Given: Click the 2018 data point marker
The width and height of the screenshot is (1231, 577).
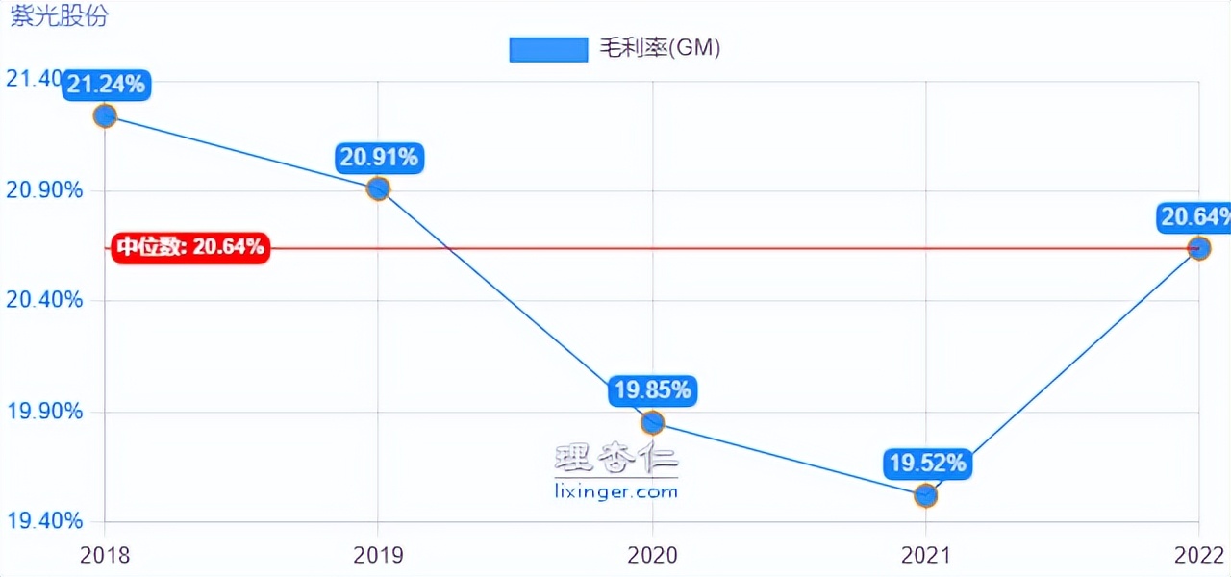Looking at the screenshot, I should coord(105,116).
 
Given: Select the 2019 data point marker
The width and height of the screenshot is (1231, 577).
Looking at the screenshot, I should coord(378,188).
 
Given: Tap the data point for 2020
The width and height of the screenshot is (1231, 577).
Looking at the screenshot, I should coord(652,422).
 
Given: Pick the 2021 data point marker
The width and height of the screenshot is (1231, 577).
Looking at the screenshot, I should coord(925,495).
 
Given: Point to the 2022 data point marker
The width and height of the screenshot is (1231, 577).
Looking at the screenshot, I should coord(1198,248).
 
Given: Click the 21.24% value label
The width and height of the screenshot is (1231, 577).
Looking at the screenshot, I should coord(106,85).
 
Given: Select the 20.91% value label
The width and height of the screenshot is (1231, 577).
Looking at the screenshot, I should coord(379,157).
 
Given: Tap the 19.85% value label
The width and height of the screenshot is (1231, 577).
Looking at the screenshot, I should coord(653,390).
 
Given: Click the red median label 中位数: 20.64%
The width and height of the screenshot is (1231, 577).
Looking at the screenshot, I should coord(190,247).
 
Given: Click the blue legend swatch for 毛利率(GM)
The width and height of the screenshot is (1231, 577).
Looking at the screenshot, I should coord(548,49).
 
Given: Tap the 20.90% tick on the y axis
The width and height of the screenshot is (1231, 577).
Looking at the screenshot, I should coord(44,189).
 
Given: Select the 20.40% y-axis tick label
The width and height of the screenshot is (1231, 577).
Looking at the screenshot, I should coord(44,300).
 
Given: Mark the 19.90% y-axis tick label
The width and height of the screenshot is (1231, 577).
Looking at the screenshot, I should coord(44,412).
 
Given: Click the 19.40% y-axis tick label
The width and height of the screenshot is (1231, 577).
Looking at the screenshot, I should coord(44,521).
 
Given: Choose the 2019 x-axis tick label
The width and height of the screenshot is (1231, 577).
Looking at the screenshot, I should coord(378,555).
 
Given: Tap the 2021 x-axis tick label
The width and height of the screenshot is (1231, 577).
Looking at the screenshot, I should coord(925,555).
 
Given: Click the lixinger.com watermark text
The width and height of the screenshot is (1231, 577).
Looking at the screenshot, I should coord(616,491).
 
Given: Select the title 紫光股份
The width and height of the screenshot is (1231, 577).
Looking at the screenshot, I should coord(60,15).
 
